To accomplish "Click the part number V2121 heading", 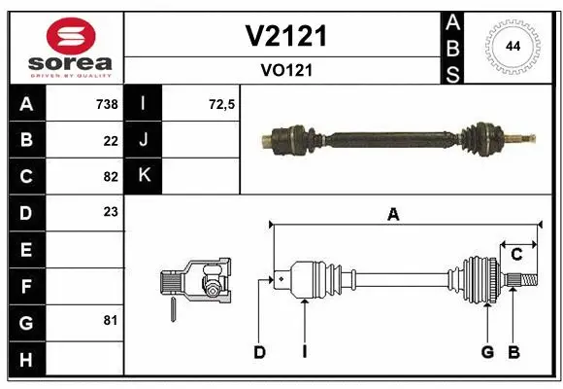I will tap(284, 36).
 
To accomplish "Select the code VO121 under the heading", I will tap(284, 70).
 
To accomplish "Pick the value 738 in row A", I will tap(106, 104).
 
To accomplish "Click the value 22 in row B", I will tap(111, 140).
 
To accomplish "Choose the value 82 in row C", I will tap(111, 176).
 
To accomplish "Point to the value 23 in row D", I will tap(111, 212).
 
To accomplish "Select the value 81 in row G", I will tap(111, 320).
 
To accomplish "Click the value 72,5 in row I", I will tap(222, 104).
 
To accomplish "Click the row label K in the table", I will tap(143, 176).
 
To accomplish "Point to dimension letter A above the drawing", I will tap(393, 216).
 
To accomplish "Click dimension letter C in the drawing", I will tap(516, 255).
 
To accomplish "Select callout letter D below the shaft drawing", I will tap(259, 351).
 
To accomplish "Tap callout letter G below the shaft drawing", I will tap(487, 351).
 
